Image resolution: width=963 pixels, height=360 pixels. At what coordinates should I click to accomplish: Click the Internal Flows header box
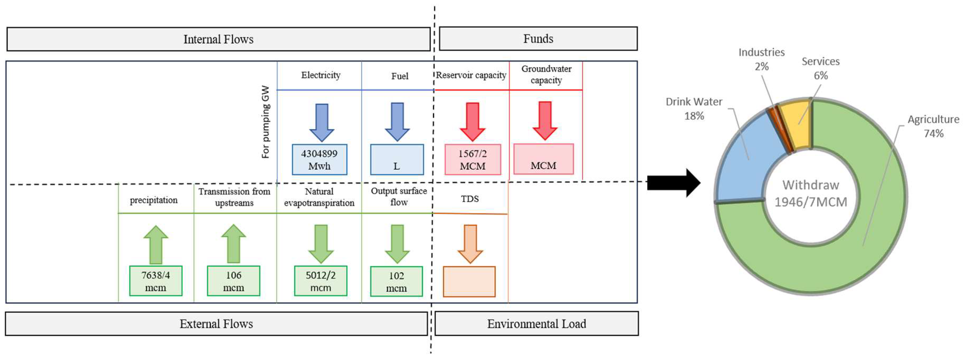click(x=218, y=39)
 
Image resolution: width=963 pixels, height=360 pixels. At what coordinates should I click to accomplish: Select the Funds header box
click(x=538, y=38)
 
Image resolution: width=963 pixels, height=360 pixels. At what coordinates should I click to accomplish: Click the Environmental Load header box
click(x=536, y=324)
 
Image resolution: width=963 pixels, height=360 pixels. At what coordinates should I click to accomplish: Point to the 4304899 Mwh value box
click(x=319, y=160)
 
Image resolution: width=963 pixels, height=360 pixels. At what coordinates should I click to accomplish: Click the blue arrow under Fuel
click(x=397, y=121)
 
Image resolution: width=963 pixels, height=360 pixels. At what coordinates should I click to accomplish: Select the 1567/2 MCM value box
click(x=473, y=160)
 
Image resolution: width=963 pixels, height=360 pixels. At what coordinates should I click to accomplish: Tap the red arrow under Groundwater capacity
click(x=545, y=120)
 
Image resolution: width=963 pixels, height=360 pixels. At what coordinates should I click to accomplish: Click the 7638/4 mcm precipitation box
click(x=155, y=281)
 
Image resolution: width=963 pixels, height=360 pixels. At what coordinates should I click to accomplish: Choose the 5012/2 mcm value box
click(x=320, y=281)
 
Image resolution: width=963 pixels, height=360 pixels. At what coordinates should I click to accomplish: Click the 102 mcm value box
click(x=396, y=281)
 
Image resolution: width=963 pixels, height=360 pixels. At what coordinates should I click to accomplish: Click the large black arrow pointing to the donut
click(x=673, y=183)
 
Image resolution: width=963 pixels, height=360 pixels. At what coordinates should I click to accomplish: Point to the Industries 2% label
click(x=762, y=59)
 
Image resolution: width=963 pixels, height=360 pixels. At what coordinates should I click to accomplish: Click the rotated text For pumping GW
click(x=265, y=122)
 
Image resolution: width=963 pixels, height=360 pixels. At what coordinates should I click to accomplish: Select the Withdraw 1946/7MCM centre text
click(x=810, y=194)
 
